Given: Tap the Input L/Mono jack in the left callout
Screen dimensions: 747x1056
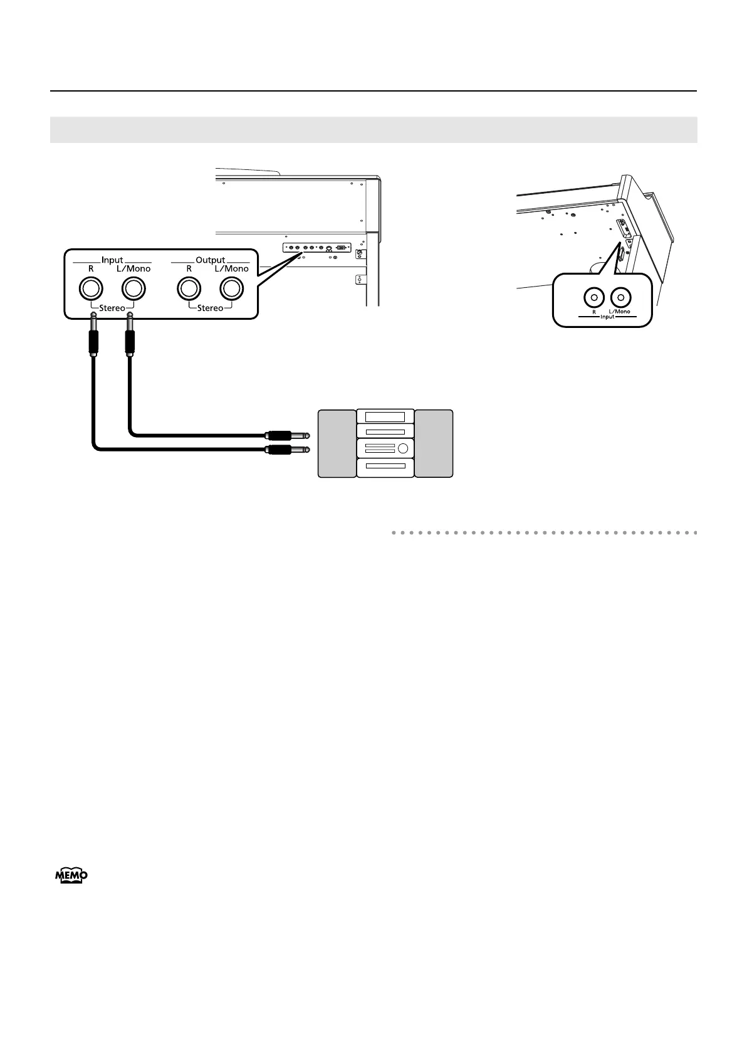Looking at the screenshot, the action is pyautogui.click(x=132, y=288).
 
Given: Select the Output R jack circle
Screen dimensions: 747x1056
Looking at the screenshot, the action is pyautogui.click(x=189, y=288).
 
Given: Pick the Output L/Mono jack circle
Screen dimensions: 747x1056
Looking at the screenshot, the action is pyautogui.click(x=231, y=288).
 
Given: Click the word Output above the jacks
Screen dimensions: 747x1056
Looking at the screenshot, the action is pyautogui.click(x=210, y=260).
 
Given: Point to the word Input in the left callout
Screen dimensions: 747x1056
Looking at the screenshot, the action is pyautogui.click(x=112, y=260).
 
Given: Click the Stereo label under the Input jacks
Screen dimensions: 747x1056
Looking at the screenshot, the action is pyautogui.click(x=112, y=308).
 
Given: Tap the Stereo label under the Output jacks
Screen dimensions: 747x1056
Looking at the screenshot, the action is pyautogui.click(x=210, y=308).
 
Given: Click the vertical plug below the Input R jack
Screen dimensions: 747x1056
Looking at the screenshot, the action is pyautogui.click(x=93, y=339).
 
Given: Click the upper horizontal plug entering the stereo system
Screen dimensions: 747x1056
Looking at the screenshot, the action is pyautogui.click(x=288, y=434).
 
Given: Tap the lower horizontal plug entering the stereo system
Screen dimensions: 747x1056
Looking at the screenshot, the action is pyautogui.click(x=288, y=449).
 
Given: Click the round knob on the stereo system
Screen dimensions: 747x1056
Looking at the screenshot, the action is pyautogui.click(x=403, y=448).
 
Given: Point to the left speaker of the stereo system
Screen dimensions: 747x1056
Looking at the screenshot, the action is pyautogui.click(x=337, y=443).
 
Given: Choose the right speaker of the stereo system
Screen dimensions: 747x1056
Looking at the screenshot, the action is pyautogui.click(x=434, y=443).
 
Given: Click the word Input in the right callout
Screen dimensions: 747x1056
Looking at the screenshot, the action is pyautogui.click(x=607, y=317).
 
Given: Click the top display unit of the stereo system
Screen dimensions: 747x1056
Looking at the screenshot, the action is pyautogui.click(x=385, y=416).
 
